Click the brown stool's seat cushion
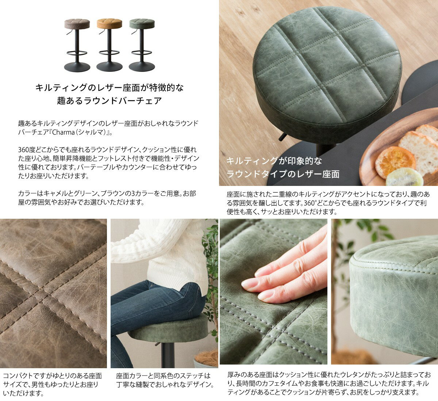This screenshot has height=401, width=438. pyautogui.click(x=77, y=24)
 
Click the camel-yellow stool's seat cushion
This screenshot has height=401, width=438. pyautogui.click(x=109, y=24)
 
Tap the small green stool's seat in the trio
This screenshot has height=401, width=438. pyautogui.click(x=142, y=24)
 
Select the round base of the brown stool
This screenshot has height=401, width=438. pyautogui.click(x=77, y=67)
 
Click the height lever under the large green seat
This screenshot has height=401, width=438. pyautogui.click(x=282, y=137)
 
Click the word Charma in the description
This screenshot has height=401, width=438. pyautogui.click(x=63, y=132)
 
